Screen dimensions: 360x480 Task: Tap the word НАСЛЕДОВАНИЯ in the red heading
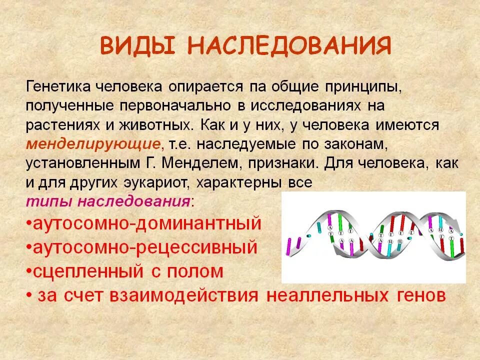tap(289, 46)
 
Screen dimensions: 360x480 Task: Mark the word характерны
tap(235, 182)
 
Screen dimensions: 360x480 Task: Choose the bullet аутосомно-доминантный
tap(145, 223)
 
